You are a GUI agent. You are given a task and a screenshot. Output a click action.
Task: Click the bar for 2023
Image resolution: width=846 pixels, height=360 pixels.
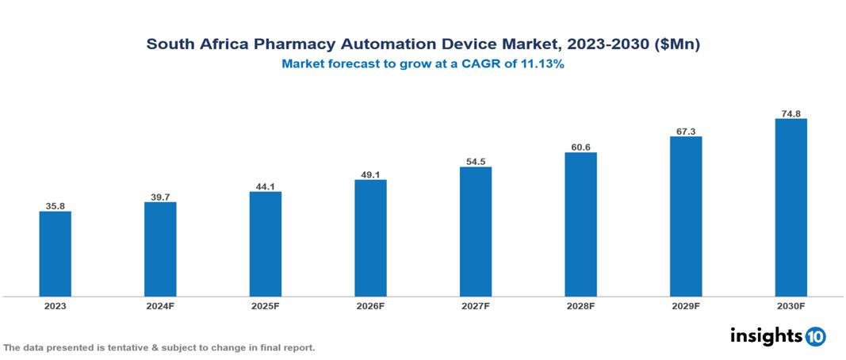(56, 254)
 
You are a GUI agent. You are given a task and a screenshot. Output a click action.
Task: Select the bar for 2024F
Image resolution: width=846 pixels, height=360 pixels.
(160, 249)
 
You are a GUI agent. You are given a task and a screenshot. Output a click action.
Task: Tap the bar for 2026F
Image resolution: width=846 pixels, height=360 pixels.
(370, 238)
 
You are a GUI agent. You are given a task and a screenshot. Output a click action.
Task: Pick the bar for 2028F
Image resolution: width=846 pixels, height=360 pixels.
(580, 224)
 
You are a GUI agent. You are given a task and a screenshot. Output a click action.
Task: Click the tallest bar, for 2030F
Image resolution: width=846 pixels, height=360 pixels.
(790, 208)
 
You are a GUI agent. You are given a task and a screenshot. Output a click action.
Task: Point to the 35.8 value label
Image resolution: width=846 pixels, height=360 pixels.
(56, 206)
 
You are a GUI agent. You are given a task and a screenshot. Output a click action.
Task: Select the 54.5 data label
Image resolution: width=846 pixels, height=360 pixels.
(476, 162)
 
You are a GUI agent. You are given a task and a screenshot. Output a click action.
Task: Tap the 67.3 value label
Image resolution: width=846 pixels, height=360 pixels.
(685, 132)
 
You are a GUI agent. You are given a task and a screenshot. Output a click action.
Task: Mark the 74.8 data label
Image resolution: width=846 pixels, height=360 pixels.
(790, 113)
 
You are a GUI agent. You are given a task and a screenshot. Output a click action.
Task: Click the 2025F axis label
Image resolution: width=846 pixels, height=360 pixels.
(266, 305)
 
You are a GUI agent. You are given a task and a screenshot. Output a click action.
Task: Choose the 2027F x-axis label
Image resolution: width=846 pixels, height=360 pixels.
(476, 305)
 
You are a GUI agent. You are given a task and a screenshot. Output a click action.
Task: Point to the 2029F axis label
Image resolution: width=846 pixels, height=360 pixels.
(685, 305)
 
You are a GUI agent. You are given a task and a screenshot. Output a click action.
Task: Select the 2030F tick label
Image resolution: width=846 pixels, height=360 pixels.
(790, 305)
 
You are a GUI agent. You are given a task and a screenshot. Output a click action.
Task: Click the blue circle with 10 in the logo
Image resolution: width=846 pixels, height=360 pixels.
(815, 336)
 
